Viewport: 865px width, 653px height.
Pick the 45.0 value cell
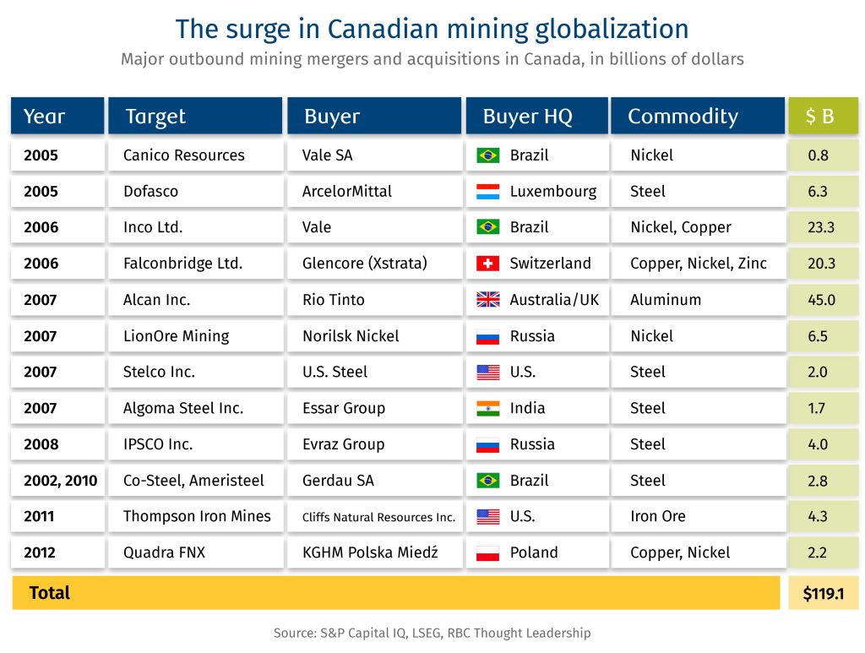pyautogui.click(x=821, y=300)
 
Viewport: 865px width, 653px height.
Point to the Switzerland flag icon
pyautogui.click(x=488, y=264)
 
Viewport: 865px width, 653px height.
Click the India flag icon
pyautogui.click(x=488, y=408)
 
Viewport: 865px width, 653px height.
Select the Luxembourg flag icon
pyautogui.click(x=488, y=192)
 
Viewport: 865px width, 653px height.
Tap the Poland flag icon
pyautogui.click(x=488, y=553)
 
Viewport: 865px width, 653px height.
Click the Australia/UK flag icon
pyautogui.click(x=488, y=300)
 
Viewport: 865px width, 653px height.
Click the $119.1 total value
pyautogui.click(x=823, y=593)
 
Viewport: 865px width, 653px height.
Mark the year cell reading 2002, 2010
pyautogui.click(x=60, y=481)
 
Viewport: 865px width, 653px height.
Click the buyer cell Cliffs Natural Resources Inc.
pyautogui.click(x=378, y=517)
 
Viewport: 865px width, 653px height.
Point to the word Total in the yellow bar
pyautogui.click(x=50, y=593)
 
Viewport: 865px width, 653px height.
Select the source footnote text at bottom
pyautogui.click(x=432, y=633)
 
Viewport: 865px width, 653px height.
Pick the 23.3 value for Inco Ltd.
pyautogui.click(x=821, y=227)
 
